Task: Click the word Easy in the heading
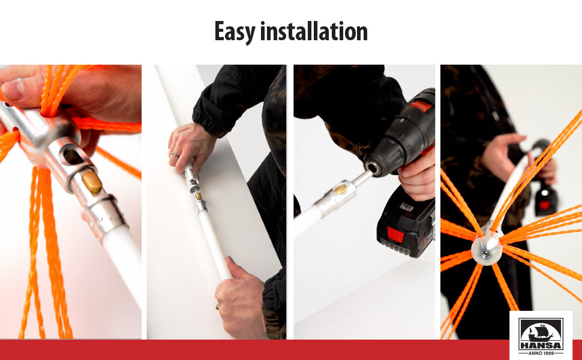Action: (235, 32)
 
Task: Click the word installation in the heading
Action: (314, 31)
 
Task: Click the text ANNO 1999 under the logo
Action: (541, 353)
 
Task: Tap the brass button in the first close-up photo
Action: (92, 182)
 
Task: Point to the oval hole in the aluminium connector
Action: (72, 156)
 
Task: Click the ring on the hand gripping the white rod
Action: (217, 307)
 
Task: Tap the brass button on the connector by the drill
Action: (341, 189)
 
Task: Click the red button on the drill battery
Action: (395, 235)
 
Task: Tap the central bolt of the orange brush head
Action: (485, 254)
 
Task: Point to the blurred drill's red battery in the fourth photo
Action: (545, 205)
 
